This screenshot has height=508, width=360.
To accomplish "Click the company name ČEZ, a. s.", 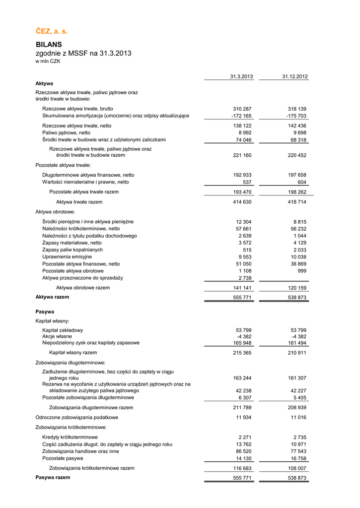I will (51, 32).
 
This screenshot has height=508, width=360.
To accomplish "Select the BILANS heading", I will (49, 44).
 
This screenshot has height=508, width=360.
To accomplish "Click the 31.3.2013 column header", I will (241, 76).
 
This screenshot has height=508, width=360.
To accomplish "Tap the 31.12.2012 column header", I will (295, 76).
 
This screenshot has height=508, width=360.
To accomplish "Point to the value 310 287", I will (242, 109).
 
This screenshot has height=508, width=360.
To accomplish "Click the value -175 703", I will (296, 116).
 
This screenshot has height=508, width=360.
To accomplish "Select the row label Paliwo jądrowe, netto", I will (66, 133).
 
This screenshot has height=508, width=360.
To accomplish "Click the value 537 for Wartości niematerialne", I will (247, 182).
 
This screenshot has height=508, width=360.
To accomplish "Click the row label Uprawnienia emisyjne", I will (67, 257).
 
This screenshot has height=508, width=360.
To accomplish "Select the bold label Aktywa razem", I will (52, 297).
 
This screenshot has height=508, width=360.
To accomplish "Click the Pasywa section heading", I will (45, 312).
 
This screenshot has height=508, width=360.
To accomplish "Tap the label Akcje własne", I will (58, 336).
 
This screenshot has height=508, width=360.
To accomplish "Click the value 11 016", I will (297, 418).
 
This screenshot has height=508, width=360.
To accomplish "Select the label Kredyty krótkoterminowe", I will (70, 437).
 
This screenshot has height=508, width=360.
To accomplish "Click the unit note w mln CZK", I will (48, 62).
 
